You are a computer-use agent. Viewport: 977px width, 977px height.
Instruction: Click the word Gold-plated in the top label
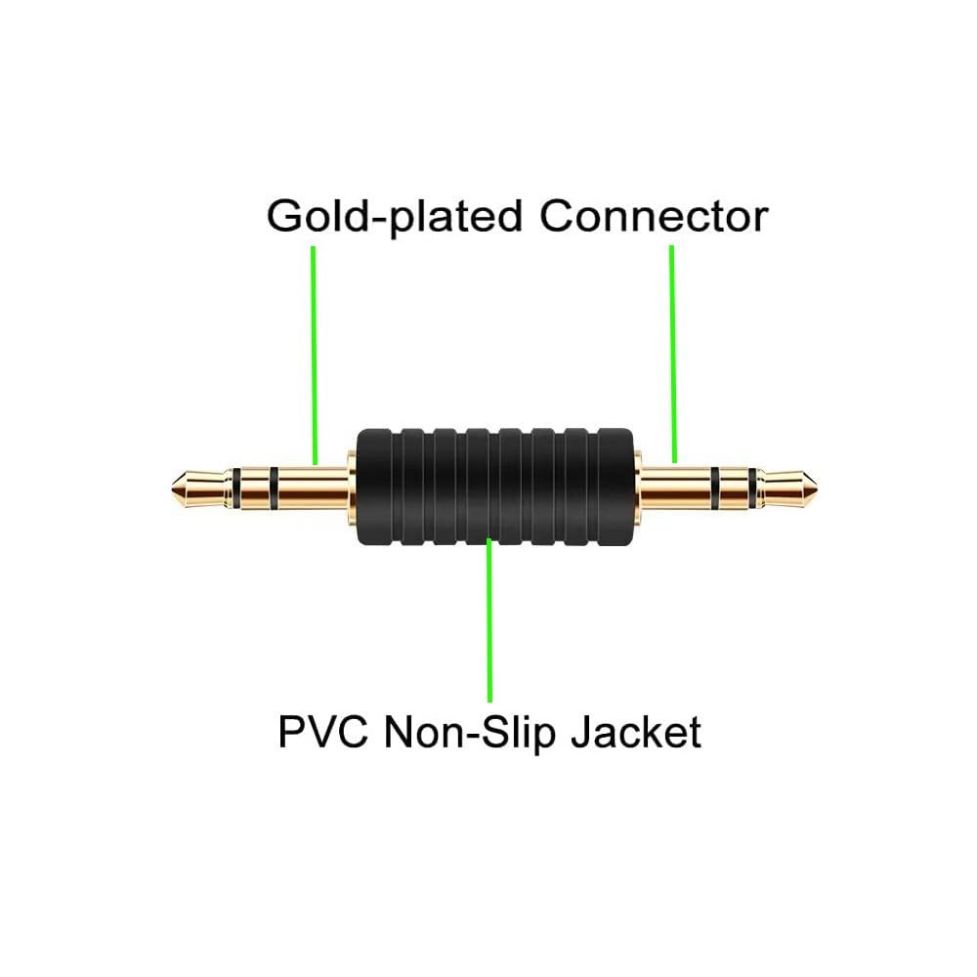click(x=394, y=218)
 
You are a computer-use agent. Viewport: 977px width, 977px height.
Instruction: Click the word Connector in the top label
click(x=654, y=216)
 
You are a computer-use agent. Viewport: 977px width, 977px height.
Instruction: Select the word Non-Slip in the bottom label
click(x=470, y=733)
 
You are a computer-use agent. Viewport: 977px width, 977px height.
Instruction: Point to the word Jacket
click(x=636, y=732)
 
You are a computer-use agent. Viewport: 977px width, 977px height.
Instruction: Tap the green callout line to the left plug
click(x=315, y=356)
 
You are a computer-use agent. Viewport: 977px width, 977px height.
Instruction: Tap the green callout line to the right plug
click(x=673, y=354)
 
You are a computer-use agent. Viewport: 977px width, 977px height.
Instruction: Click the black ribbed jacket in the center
click(x=494, y=487)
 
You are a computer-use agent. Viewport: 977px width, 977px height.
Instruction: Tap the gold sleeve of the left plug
click(x=313, y=488)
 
